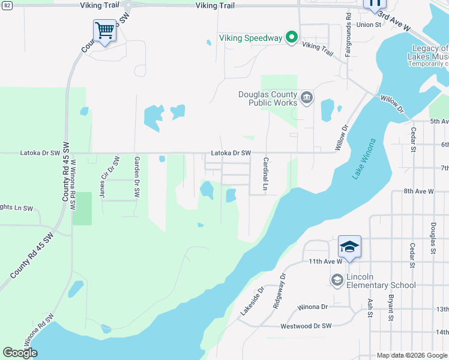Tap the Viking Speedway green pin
291,38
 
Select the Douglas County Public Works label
268,98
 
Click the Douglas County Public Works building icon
307,98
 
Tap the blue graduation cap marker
349,247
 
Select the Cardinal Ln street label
265,175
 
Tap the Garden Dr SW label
137,177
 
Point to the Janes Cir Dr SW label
109,177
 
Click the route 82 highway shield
6,5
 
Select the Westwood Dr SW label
306,326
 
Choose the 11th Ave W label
325,262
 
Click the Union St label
369,25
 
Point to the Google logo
20,353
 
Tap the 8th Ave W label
418,191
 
